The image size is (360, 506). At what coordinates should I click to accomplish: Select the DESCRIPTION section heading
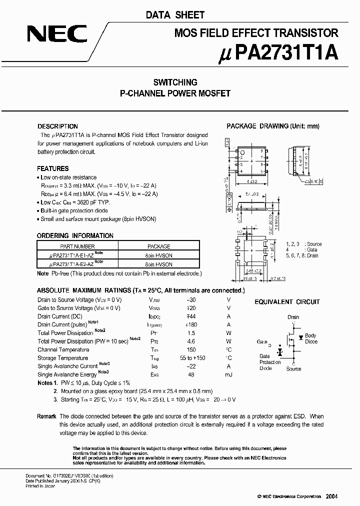57,126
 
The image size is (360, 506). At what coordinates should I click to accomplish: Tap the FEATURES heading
53,168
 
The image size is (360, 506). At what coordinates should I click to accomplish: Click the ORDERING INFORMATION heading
75,235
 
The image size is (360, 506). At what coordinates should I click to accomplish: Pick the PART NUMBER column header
77,246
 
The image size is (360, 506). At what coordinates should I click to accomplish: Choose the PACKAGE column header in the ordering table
159,246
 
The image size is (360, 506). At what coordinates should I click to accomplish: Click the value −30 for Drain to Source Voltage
191,300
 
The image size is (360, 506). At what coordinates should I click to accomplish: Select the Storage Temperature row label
62,358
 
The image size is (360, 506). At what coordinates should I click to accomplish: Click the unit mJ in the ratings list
229,374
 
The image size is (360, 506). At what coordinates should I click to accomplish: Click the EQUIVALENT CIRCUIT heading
287,302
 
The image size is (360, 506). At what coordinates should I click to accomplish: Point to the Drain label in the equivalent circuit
293,317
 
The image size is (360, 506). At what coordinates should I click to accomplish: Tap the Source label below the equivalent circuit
293,369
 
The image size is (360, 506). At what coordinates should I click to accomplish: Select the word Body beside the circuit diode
310,335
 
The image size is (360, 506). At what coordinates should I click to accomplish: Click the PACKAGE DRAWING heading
272,126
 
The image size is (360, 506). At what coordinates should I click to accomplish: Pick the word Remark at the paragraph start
46,416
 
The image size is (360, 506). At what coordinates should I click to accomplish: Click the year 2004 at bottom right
331,496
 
